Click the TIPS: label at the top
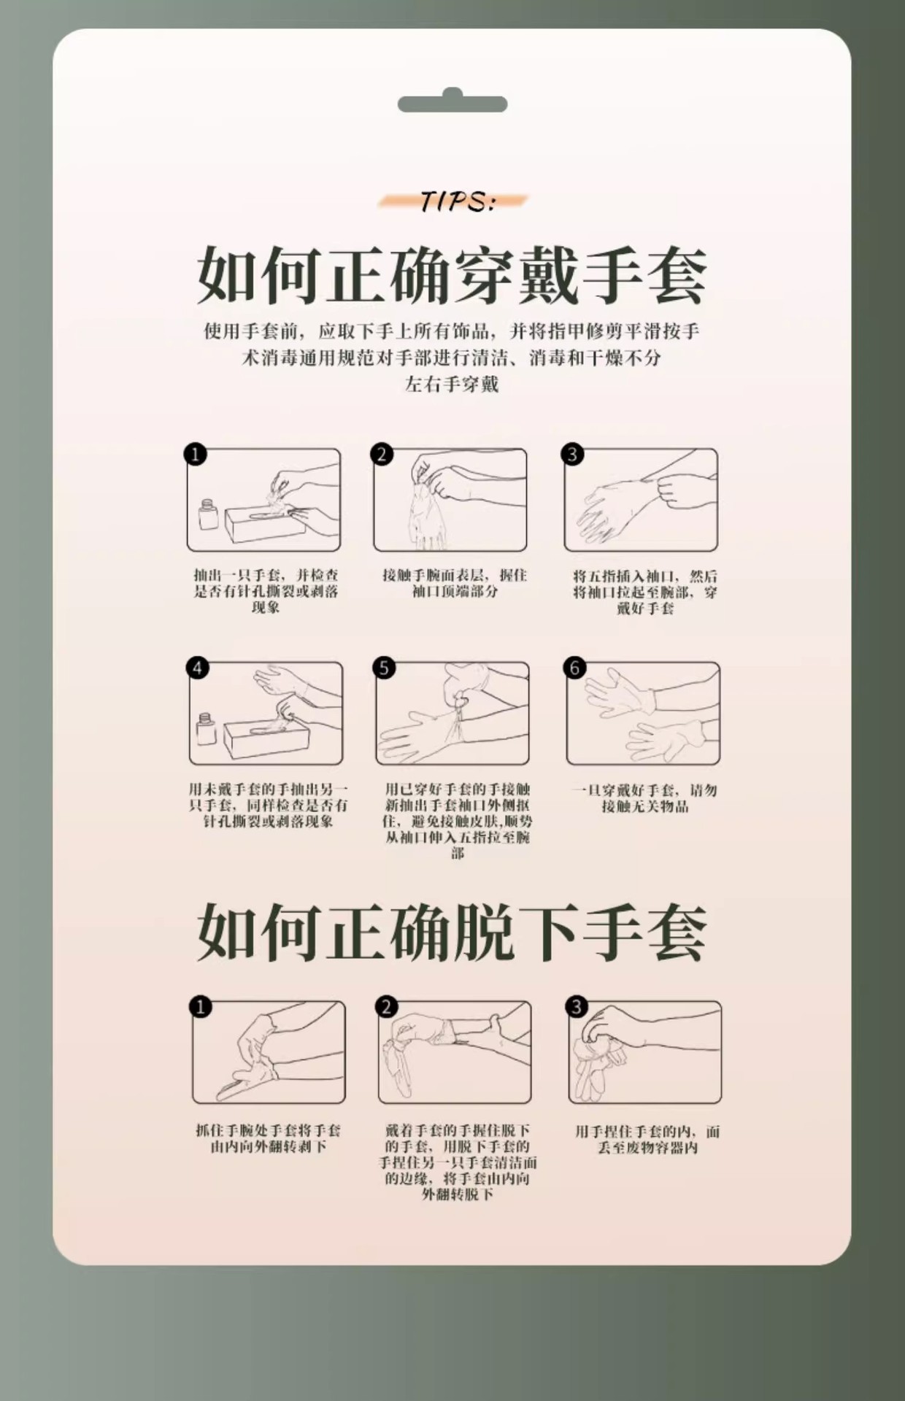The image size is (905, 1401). [x=457, y=201]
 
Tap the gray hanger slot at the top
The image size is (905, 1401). [x=452, y=102]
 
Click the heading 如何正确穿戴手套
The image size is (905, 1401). [x=452, y=277]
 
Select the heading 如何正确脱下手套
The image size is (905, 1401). [x=452, y=933]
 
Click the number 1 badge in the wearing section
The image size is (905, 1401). [x=195, y=454]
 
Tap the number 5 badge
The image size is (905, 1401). [x=384, y=668]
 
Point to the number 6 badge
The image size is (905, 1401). [x=574, y=668]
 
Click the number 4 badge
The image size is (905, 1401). [x=197, y=668]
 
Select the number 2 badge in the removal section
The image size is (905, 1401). [x=387, y=1007]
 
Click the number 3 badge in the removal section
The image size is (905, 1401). [x=577, y=1007]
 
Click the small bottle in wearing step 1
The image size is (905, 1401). [x=209, y=514]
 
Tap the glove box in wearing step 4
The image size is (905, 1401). [x=263, y=738]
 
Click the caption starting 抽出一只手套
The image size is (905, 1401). [x=266, y=591]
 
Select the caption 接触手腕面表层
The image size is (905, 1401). [x=454, y=583]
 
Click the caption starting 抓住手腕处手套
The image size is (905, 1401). [x=268, y=1138]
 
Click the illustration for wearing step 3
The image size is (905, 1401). [x=641, y=500]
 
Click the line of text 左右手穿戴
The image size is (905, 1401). [x=452, y=385]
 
